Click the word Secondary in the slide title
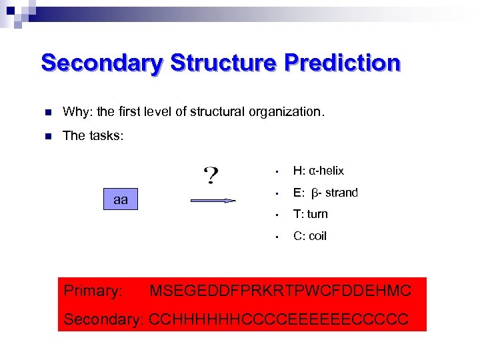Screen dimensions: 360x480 [102, 63]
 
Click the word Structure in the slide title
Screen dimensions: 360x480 [223, 63]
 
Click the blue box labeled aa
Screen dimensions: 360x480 [120, 199]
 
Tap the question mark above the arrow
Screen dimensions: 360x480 [211, 177]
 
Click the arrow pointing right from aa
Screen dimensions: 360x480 [213, 199]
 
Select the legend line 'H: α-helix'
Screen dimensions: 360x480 [318, 171]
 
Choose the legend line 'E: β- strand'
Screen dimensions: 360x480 [325, 193]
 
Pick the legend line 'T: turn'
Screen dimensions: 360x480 [310, 214]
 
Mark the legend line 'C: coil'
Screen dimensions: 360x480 [309, 236]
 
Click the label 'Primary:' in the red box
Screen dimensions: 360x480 [93, 291]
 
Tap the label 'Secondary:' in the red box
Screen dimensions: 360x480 [103, 319]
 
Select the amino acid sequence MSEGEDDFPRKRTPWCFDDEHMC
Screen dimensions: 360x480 [280, 291]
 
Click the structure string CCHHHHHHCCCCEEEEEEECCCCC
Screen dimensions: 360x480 [279, 319]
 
